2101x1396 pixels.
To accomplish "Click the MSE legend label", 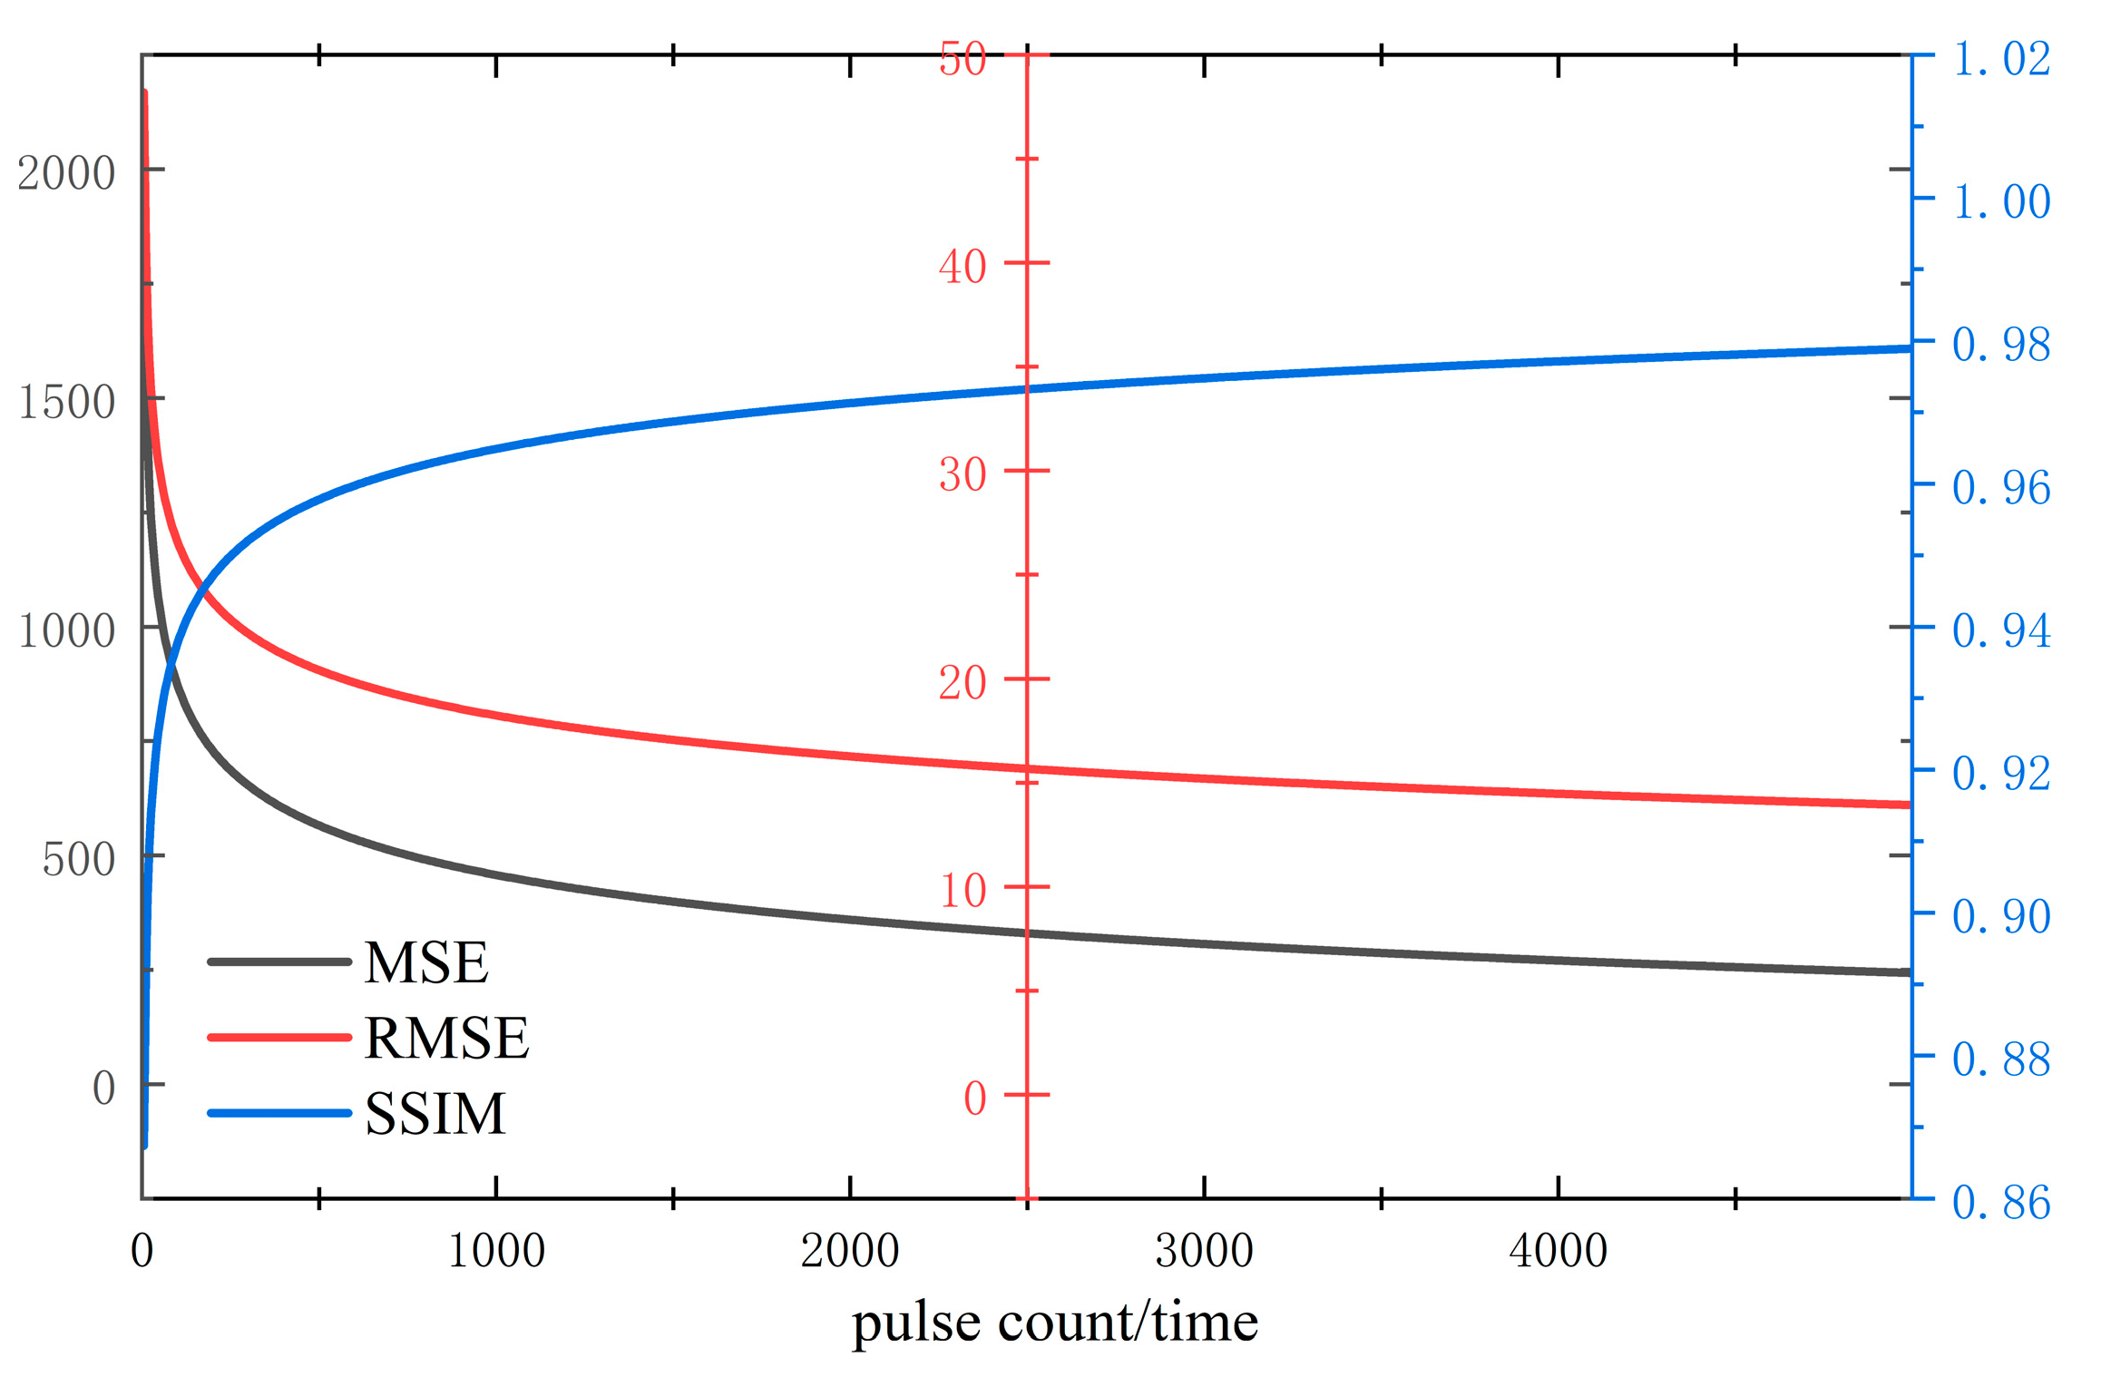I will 425,962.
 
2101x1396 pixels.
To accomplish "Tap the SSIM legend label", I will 435,1114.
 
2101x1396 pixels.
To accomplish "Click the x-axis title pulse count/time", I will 1054,1323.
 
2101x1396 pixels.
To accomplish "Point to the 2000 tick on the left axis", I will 66,172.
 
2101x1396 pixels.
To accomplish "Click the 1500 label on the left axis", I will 66,401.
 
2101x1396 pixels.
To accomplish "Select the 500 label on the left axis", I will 78,858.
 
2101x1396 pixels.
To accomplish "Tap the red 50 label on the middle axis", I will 962,60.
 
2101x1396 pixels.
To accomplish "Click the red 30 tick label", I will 962,473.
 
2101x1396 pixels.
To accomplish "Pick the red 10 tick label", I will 962,890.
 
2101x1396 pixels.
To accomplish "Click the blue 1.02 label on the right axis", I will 2000,59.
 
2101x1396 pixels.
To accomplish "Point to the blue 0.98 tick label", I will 2000,345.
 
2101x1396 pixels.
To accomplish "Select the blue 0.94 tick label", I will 2000,630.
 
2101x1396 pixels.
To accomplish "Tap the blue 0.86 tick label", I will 2000,1203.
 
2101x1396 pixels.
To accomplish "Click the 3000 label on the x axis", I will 1204,1251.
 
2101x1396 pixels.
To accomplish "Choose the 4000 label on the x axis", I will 1558,1251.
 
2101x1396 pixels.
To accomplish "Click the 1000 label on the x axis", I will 496,1251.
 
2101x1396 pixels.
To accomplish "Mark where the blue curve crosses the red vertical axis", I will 1027,389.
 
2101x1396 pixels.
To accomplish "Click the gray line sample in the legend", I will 279,962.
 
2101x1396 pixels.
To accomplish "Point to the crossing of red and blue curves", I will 201,591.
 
